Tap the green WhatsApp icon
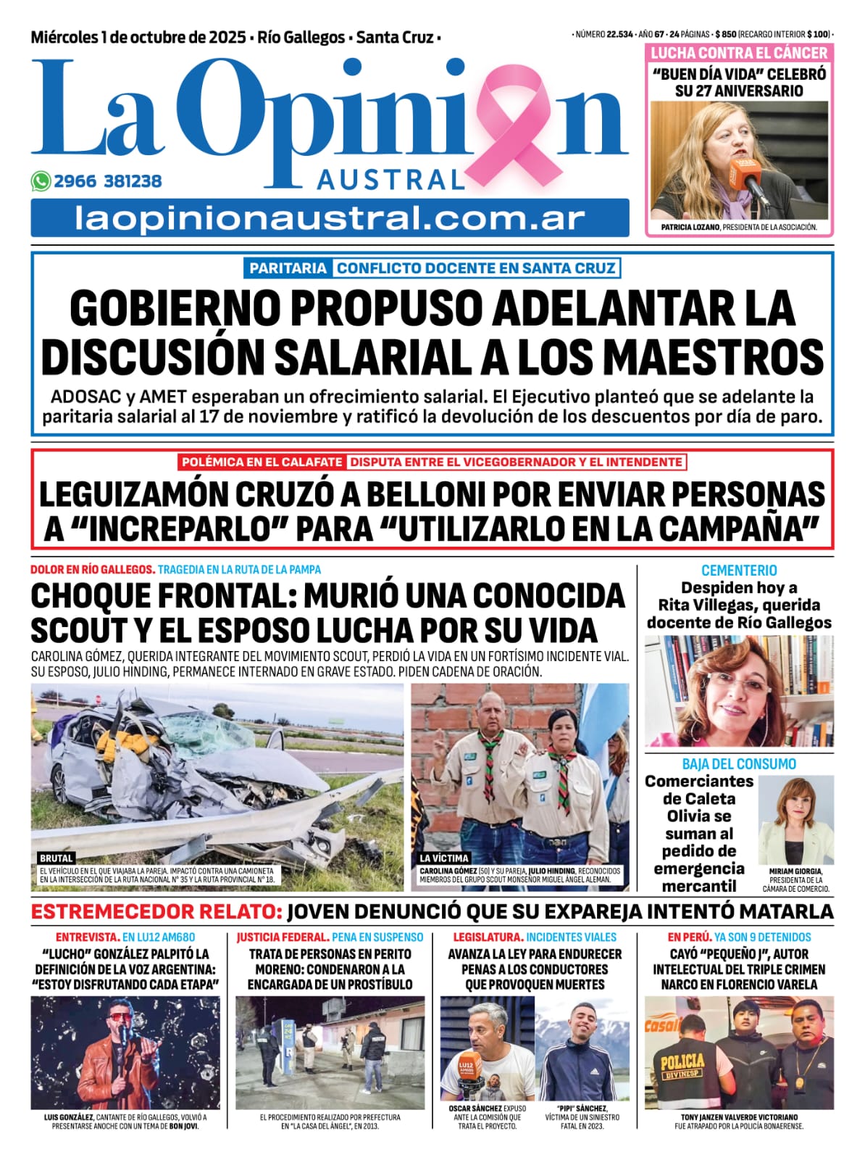41,181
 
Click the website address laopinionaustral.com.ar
330,218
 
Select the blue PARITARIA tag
288,268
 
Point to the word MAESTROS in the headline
714,357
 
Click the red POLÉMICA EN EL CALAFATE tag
262,462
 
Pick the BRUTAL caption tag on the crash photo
57,858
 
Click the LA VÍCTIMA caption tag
444,858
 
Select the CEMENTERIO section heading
739,571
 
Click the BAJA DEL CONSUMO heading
739,764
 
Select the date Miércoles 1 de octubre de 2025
138,37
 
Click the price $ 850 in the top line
725,34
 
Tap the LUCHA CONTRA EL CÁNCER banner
739,53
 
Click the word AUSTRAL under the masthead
390,180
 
